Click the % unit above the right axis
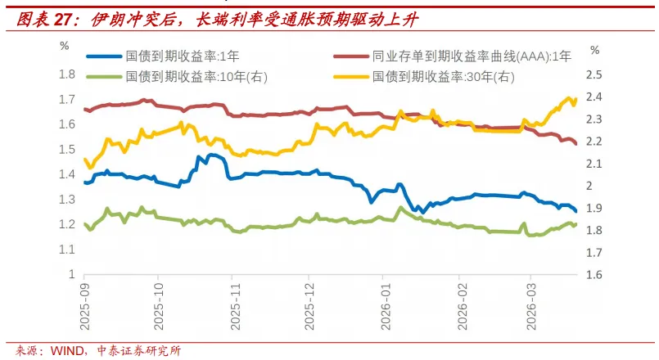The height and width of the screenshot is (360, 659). (x=595, y=50)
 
